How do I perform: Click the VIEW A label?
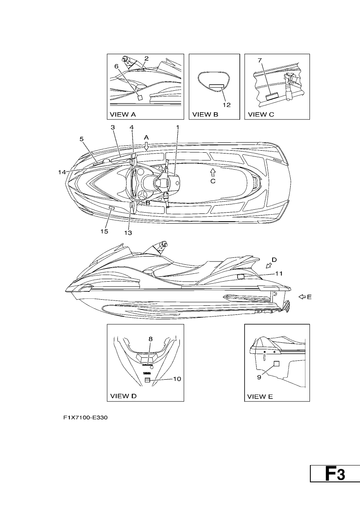tap(123, 115)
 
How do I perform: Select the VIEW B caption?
tap(205, 115)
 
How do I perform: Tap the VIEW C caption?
tap(261, 115)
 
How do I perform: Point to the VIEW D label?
tap(124, 396)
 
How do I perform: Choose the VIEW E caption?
tap(260, 397)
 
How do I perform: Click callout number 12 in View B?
tap(227, 105)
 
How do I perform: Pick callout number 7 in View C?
tap(260, 60)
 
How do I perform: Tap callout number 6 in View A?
tap(116, 66)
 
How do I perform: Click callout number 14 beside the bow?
tap(62, 172)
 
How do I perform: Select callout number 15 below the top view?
tap(104, 232)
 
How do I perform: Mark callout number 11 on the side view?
tap(279, 273)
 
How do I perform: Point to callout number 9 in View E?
tap(259, 377)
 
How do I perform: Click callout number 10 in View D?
tap(177, 379)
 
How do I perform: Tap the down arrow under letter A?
tap(147, 146)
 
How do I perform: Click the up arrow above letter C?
tap(213, 173)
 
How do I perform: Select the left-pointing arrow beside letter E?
tap(302, 297)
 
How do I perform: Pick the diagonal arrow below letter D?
tap(268, 266)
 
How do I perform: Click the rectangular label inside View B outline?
tap(216, 86)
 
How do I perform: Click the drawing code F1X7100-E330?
tap(85, 417)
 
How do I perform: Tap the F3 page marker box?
tap(335, 473)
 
